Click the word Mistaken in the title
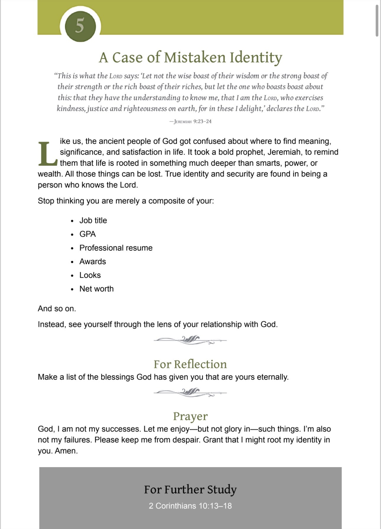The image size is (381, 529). tap(195, 57)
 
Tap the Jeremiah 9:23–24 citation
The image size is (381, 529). tap(190, 121)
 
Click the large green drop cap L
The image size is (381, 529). tap(47, 154)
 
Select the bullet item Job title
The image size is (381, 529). tap(93, 220)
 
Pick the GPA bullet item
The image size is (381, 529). tap(87, 234)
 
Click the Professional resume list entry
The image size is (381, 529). tap(116, 248)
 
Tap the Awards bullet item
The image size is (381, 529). tap(92, 261)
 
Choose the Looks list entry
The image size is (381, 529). tap(90, 275)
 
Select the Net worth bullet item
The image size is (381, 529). tap(96, 289)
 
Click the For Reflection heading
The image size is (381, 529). tap(190, 364)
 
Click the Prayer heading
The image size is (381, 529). tap(190, 416)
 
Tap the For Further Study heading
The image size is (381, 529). tap(190, 489)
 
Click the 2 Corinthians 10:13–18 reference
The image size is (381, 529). tap(190, 506)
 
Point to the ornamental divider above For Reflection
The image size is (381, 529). tap(190, 340)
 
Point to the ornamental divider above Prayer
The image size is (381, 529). tap(190, 392)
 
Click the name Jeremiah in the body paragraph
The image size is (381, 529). tap(284, 152)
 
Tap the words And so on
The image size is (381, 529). tap(57, 308)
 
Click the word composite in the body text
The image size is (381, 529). tap(166, 201)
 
